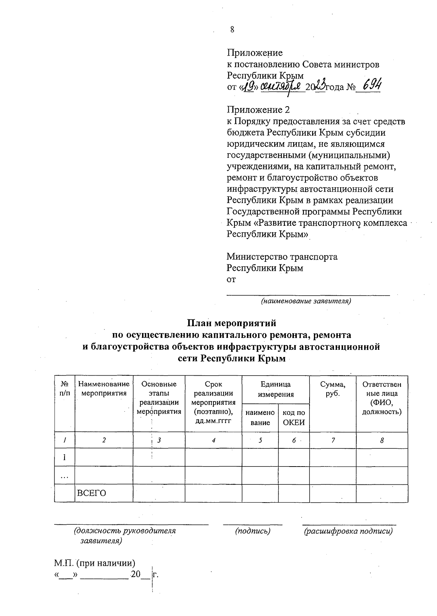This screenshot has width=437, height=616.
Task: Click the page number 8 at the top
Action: click(232, 30)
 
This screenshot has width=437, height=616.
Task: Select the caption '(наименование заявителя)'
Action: click(305, 301)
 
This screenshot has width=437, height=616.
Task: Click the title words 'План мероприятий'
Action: click(232, 323)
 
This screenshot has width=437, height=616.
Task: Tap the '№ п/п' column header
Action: click(64, 389)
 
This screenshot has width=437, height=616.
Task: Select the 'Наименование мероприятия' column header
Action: click(104, 388)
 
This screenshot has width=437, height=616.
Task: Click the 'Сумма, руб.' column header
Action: click(332, 389)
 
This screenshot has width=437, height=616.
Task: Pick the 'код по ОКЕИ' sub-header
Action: click(294, 417)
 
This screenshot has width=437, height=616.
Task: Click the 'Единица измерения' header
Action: click(275, 389)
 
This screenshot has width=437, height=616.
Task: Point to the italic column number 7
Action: click(333, 440)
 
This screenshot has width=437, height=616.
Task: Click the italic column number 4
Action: click(213, 440)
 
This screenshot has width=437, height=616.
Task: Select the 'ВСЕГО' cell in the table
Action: click(91, 493)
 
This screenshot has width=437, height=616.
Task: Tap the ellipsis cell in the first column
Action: click(64, 476)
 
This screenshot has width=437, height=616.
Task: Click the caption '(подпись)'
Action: click(253, 531)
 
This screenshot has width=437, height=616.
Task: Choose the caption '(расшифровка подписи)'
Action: click(348, 531)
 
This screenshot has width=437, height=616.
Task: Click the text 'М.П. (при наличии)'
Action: click(95, 563)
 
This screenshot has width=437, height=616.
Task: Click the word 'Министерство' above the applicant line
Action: click(257, 257)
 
